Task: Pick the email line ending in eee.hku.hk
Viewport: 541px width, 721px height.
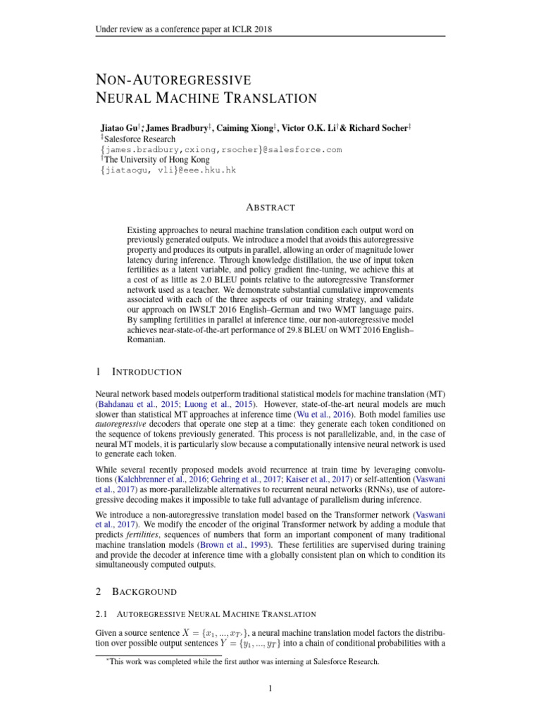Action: pyautogui.click(x=167, y=170)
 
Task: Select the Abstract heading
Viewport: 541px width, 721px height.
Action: pyautogui.click(x=270, y=207)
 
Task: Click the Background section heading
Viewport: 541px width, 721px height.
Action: pyautogui.click(x=145, y=591)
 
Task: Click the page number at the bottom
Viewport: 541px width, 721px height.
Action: pyautogui.click(x=270, y=688)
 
